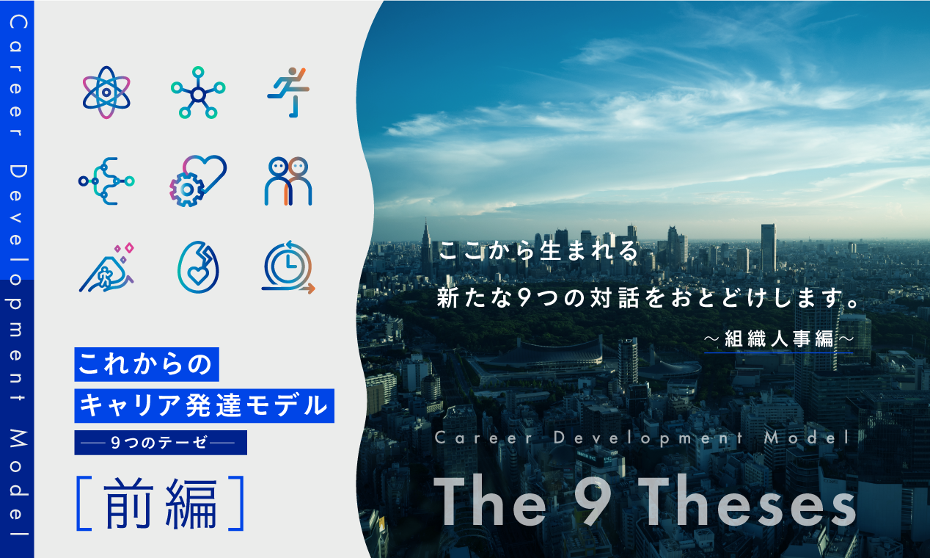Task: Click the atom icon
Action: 106,93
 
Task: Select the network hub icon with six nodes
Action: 197,93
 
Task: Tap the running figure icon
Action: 288,93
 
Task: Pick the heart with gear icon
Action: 197,180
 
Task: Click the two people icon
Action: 288,181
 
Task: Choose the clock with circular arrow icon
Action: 288,267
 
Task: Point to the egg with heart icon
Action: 197,267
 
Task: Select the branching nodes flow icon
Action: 106,181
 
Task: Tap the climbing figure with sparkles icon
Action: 106,267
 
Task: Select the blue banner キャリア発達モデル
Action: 204,405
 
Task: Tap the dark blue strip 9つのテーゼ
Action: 161,443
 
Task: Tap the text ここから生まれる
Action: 539,252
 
